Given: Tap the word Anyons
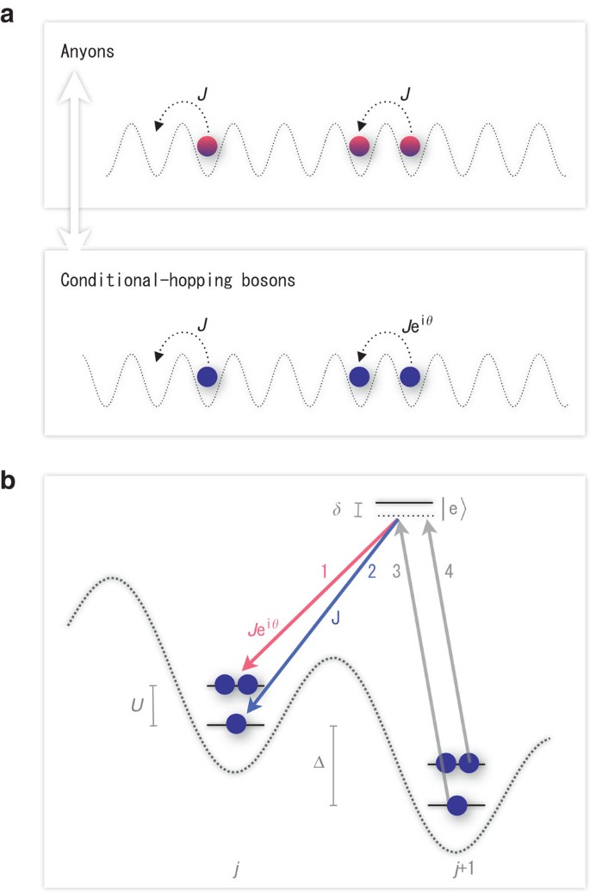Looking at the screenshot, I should [x=90, y=52].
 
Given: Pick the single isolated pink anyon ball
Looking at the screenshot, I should [x=207, y=146].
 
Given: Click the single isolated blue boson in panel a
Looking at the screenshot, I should [x=207, y=376].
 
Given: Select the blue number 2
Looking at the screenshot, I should [x=372, y=572].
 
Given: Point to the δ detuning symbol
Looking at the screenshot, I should [x=336, y=509].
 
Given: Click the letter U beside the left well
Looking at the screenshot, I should [x=136, y=705].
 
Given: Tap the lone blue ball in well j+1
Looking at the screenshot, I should [x=457, y=805].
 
